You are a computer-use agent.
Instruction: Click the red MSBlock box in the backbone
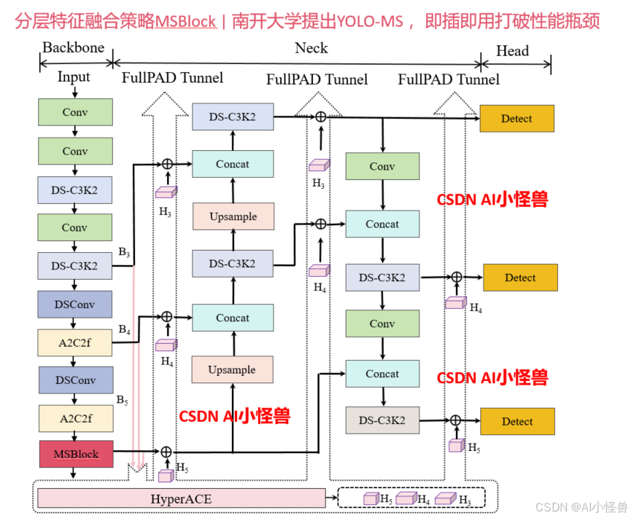coord(75,454)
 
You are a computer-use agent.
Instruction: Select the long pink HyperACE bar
coord(181,498)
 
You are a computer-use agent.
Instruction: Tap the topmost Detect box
coord(516,118)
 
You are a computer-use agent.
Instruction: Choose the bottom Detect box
coord(516,421)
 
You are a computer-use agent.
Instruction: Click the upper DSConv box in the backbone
coord(75,304)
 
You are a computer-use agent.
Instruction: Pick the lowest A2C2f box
coord(75,418)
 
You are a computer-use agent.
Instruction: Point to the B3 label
coord(124,253)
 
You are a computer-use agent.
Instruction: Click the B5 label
coord(123,400)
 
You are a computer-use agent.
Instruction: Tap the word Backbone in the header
coord(73,48)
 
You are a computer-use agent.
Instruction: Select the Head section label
coord(512,50)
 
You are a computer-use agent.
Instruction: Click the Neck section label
coord(311,48)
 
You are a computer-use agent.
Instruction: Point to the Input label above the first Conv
coord(74,76)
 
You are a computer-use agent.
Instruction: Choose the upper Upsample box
coord(232,217)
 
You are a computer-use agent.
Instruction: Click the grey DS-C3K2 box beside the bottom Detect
coord(382,420)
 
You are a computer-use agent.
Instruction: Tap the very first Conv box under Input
coord(75,112)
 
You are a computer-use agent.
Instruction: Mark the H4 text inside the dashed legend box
coord(423,499)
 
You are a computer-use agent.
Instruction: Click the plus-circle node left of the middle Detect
coord(456,277)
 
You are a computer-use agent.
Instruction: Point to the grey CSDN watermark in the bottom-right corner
coord(581,507)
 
